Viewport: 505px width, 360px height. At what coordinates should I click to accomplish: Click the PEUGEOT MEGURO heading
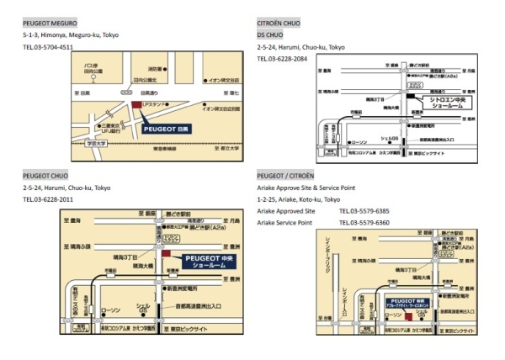pyautogui.click(x=50, y=24)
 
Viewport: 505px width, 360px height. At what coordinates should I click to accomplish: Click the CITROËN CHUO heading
pyautogui.click(x=281, y=24)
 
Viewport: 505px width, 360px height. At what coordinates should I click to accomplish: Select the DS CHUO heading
pyautogui.click(x=271, y=35)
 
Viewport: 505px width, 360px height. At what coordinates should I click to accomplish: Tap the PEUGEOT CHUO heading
pyautogui.click(x=45, y=176)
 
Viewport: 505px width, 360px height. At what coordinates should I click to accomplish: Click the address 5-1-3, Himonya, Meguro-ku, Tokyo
pyautogui.click(x=67, y=35)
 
